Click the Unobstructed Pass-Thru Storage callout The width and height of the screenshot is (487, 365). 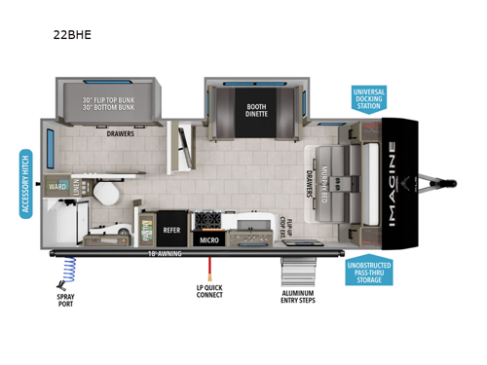click(x=368, y=272)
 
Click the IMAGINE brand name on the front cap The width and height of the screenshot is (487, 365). click(x=393, y=184)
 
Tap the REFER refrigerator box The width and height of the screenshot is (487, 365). click(x=171, y=232)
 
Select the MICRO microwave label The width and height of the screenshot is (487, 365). click(x=208, y=238)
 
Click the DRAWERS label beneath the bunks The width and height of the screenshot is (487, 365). click(x=119, y=136)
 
